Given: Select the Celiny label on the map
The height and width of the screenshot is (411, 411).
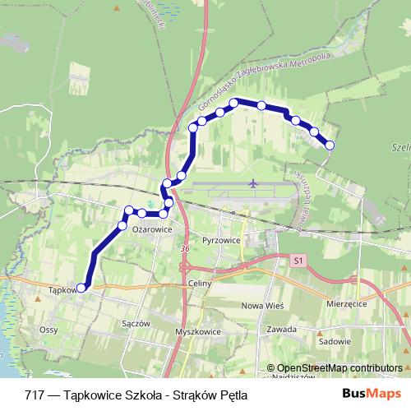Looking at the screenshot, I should click(200, 284).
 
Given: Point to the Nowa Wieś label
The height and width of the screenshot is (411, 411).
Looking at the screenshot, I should click(257, 306).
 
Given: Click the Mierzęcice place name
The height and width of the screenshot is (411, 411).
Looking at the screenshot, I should click(345, 302).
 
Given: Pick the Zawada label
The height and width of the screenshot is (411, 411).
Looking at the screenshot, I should click(281, 329).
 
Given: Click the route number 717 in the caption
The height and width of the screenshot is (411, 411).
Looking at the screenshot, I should click(35, 393).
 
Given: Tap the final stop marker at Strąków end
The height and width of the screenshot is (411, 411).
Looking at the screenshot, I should click(330, 145).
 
